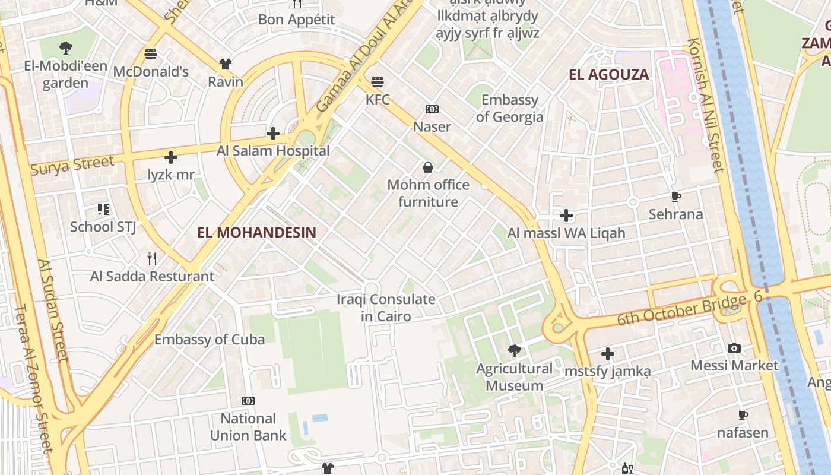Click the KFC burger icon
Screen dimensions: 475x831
coord(378,81)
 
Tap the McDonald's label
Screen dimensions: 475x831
coord(151,72)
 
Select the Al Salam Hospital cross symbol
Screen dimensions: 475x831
coord(273,134)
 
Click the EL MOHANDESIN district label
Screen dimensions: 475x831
coord(256,232)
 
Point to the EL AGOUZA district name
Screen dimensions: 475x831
coord(608,75)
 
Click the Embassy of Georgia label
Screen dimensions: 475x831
coord(509,108)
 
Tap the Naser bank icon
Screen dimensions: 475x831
coord(432,109)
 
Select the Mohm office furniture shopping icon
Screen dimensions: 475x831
coord(428,167)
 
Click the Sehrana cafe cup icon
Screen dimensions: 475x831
coord(675,197)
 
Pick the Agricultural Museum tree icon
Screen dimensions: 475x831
coord(515,351)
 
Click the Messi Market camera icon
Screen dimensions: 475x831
coord(734,348)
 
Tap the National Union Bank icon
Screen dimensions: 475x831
coord(248,401)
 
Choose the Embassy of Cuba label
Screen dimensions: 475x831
coord(210,340)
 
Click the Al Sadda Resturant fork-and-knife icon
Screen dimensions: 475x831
coord(152,258)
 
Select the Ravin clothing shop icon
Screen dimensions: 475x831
coord(225,64)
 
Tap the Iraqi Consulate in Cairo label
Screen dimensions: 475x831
coord(386,308)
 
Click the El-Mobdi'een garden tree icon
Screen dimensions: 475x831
coord(65,48)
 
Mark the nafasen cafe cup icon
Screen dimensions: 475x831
coord(743,415)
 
